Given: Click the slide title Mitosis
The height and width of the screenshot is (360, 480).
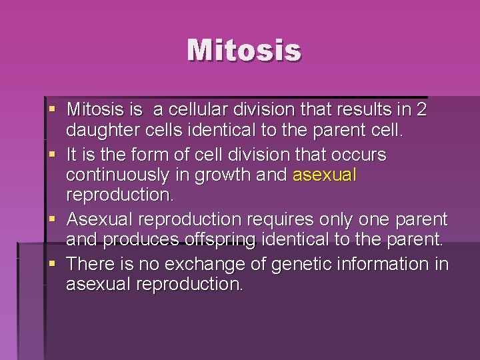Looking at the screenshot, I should click(x=244, y=51).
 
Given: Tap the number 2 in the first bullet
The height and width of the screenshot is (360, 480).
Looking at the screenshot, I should click(x=420, y=109).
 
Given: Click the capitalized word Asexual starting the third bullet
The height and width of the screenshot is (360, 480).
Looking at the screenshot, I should click(x=96, y=219).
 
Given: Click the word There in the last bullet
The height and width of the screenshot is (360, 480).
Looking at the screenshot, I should click(x=89, y=263).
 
